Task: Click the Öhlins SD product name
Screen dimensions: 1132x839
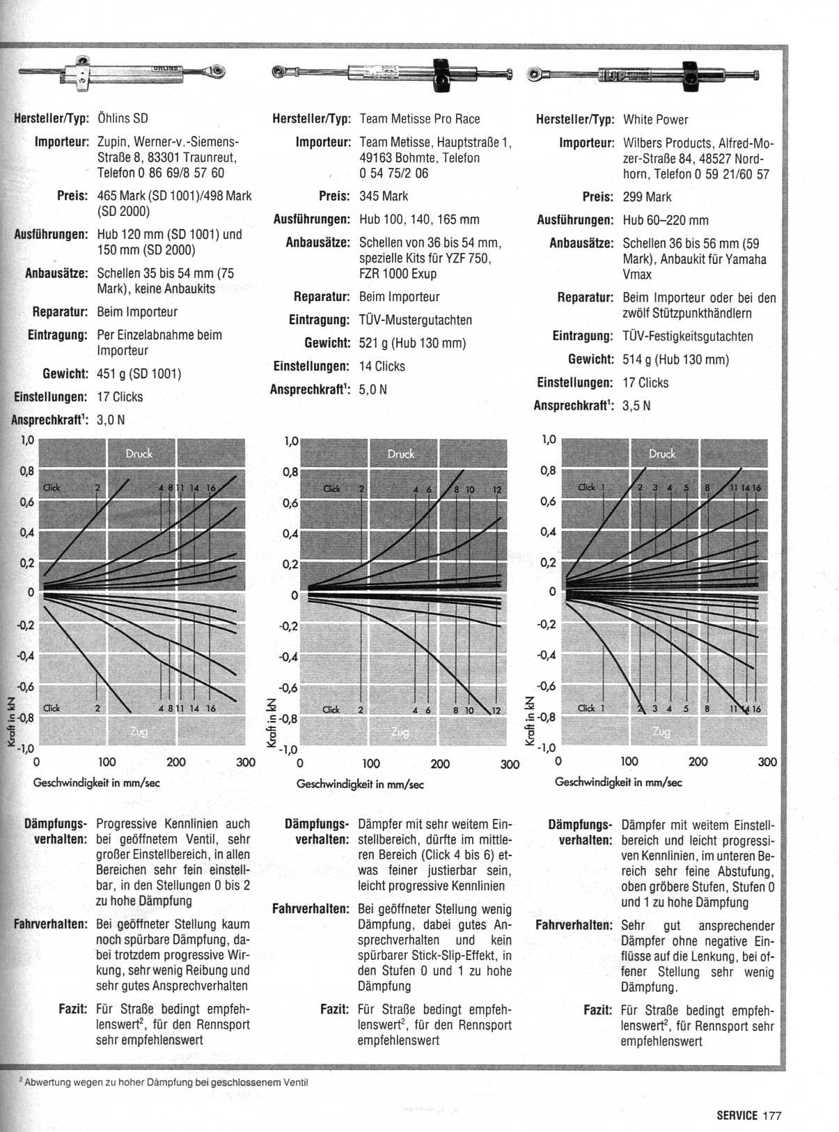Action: (123, 118)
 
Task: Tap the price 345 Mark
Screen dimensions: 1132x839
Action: (384, 196)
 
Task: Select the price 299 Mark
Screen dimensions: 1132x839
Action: (647, 197)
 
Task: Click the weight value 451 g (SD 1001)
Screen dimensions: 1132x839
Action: (139, 374)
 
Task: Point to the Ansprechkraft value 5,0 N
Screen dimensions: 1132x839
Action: (373, 389)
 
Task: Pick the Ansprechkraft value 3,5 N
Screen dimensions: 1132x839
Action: (636, 405)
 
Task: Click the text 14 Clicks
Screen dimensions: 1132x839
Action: (382, 366)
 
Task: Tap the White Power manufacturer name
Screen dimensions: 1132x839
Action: (655, 119)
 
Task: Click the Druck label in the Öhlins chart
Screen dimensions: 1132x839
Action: (139, 453)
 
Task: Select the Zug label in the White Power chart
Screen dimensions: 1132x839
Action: (661, 731)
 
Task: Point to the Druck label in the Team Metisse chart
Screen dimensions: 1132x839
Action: (401, 453)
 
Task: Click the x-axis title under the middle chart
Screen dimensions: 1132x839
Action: (360, 784)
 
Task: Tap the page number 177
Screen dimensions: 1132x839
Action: (772, 1115)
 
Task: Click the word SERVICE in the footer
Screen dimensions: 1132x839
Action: (737, 1115)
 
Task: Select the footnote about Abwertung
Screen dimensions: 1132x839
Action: (164, 1083)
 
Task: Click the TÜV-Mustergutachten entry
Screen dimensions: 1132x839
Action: (415, 320)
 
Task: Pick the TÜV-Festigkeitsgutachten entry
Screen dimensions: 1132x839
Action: (687, 336)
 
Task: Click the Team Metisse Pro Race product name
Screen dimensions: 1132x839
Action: (419, 119)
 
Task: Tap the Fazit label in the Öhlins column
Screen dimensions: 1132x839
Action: (72, 1009)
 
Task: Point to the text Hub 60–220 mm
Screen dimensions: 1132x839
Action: (665, 220)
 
